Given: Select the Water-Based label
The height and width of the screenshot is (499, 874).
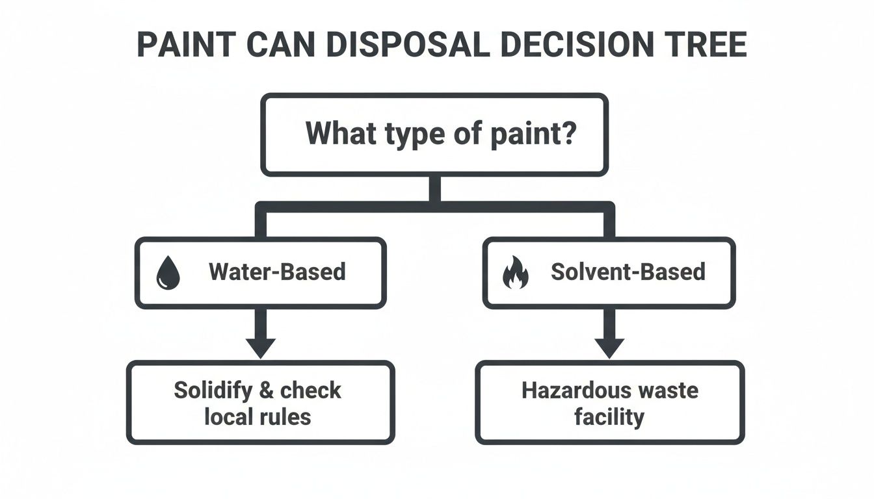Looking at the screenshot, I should (277, 272).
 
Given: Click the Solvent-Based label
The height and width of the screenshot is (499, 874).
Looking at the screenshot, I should (628, 272).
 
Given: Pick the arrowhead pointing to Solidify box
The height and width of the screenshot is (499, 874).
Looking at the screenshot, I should (261, 348).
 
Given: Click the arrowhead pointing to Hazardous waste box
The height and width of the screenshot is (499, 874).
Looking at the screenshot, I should (609, 348).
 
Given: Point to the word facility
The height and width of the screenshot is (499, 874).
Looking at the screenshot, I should (609, 417).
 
